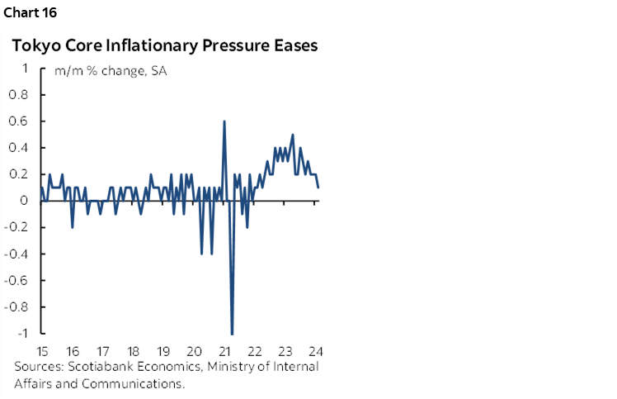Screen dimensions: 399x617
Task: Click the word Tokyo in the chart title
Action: pyautogui.click(x=33, y=46)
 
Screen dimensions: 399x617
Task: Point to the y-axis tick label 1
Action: pyautogui.click(x=26, y=69)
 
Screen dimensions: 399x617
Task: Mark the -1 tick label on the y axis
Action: pyautogui.click(x=23, y=333)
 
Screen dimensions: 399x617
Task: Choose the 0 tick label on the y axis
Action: pyautogui.click(x=26, y=201)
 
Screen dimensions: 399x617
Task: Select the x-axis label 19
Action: pyautogui.click(x=163, y=349)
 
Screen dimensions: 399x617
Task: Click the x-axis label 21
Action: pyautogui.click(x=224, y=349)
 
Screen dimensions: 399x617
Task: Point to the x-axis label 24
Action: pyautogui.click(x=316, y=349)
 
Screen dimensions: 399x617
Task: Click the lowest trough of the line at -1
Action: pyautogui.click(x=232, y=333)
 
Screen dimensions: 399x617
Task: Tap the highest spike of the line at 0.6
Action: pyautogui.click(x=224, y=122)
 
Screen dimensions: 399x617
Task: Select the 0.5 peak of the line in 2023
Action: pyautogui.click(x=292, y=135)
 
